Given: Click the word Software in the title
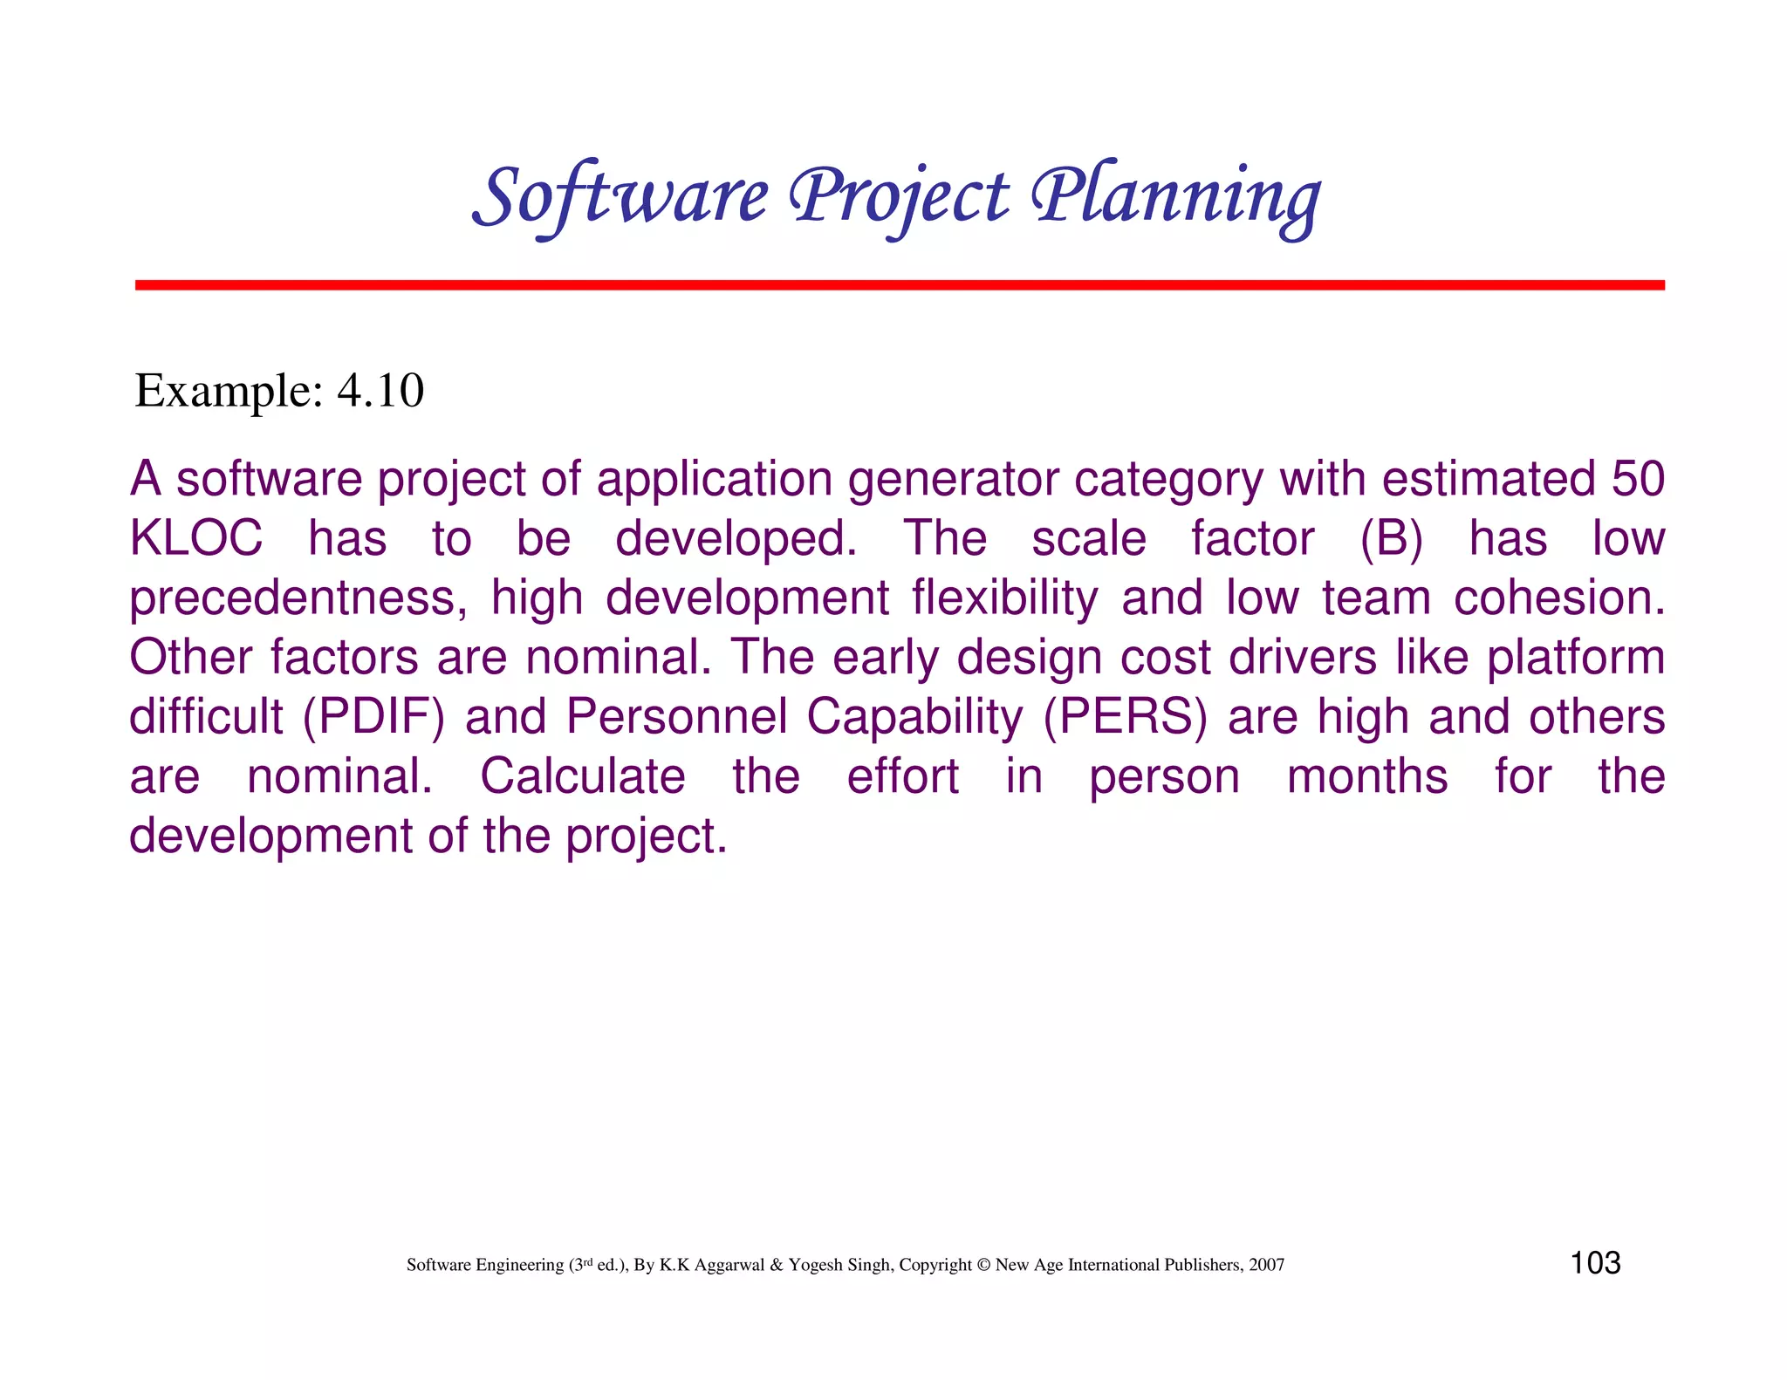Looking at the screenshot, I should pos(621,196).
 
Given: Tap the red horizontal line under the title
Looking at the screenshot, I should pos(899,285).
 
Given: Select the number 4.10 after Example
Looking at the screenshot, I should pos(380,391).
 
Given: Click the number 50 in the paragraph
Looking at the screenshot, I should pos(1637,480).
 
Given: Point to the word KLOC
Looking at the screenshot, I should pos(195,538).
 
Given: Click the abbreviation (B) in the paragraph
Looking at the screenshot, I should pos(1391,538).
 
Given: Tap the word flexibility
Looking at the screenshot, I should pos(1004,598).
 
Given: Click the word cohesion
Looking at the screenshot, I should pos(1558,598).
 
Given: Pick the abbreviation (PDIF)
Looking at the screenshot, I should pos(373,717).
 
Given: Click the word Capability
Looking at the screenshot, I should pos(914,717).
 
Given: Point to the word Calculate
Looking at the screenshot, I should pos(583,776).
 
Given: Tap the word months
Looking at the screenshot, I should pos(1366,776).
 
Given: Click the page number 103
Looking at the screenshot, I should pos(1595,1263).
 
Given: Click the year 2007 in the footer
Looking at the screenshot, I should pos(1266,1265).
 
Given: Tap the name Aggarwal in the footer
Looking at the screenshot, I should pos(729,1265).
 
